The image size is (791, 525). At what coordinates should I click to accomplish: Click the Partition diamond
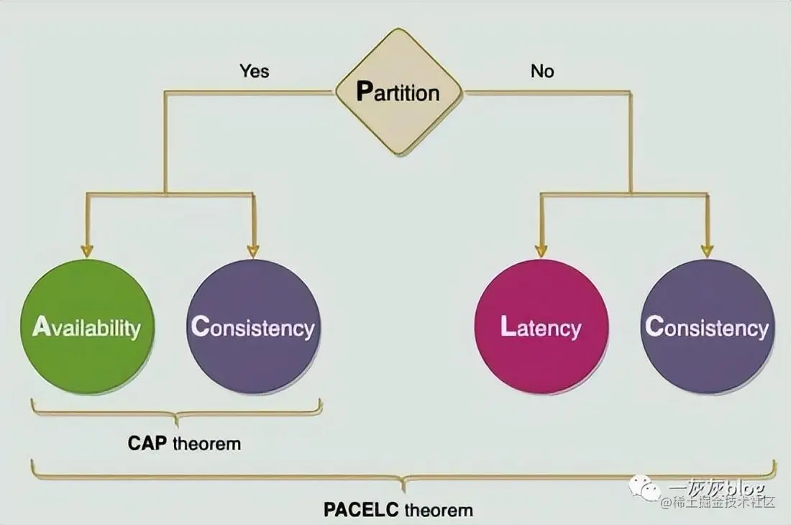point(398,92)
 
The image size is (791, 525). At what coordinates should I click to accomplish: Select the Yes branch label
point(253,70)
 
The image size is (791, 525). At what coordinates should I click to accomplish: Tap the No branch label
point(542,70)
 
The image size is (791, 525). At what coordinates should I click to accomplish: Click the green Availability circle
point(87,327)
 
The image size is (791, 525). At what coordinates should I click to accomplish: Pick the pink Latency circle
point(541,327)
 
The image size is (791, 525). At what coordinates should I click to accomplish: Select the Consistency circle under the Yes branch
point(252,327)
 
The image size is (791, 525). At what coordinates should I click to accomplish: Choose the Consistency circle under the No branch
point(707,327)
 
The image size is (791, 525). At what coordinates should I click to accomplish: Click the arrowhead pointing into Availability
point(87,251)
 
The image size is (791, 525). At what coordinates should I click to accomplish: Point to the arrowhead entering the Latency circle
point(541,251)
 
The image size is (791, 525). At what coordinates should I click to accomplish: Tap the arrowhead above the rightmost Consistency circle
point(707,251)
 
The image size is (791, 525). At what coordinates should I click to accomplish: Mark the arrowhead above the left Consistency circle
point(252,251)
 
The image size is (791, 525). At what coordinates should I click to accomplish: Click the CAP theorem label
point(184,443)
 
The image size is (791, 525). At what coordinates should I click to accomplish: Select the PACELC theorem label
point(398,510)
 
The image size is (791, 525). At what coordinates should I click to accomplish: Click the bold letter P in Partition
point(365,92)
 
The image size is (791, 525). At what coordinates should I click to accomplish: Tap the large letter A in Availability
point(42,327)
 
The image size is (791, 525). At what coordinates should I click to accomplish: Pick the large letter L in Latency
point(508,327)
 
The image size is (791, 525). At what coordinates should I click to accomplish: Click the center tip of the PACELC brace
point(403,490)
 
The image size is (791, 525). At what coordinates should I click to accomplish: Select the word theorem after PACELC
point(439,510)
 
